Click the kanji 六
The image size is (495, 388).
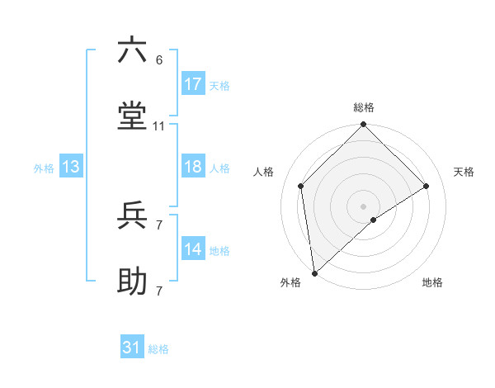tap(132, 51)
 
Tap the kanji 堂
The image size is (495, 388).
tap(132, 117)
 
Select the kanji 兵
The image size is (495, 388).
tap(132, 215)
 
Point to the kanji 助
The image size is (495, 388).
tap(132, 282)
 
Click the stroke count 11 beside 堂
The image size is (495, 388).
tap(159, 126)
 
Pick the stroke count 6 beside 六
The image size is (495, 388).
tap(159, 60)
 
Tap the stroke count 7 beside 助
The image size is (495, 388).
tap(159, 291)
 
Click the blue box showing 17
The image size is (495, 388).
tap(193, 84)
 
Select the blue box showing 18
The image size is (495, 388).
tap(193, 167)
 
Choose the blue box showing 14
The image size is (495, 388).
tap(193, 249)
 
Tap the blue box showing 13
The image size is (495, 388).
tap(71, 167)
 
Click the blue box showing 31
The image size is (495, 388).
tap(132, 348)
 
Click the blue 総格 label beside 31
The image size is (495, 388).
tap(158, 349)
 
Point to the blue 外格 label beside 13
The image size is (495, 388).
tap(44, 168)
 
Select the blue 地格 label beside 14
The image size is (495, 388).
tap(219, 251)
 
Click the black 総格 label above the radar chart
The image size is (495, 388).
tap(364, 107)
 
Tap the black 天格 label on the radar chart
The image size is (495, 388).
tap(464, 172)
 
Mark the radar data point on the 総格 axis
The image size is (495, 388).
tap(364, 125)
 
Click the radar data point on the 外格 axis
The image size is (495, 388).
tap(314, 272)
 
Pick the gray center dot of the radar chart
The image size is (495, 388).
tap(364, 205)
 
